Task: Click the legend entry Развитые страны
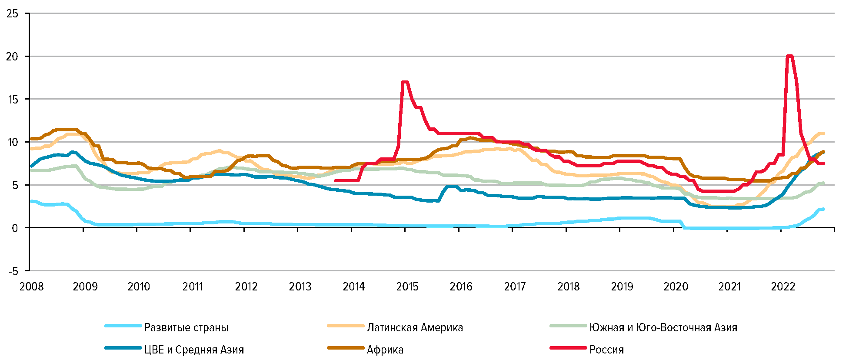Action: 186,327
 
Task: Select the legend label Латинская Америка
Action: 415,327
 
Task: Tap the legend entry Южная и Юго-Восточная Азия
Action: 663,327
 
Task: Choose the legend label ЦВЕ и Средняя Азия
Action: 194,350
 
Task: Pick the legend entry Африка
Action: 385,350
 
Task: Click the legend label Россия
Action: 606,350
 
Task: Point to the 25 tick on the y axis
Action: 13,13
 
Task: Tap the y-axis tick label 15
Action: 13,100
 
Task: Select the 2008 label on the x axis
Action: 31,287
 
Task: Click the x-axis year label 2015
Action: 407,287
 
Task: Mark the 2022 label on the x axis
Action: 783,287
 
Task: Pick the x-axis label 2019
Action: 622,287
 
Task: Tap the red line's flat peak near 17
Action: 405,82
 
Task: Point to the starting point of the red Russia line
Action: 336,180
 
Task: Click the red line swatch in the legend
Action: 568,348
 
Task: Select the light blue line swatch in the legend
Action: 123,326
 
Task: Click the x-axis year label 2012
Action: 246,287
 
